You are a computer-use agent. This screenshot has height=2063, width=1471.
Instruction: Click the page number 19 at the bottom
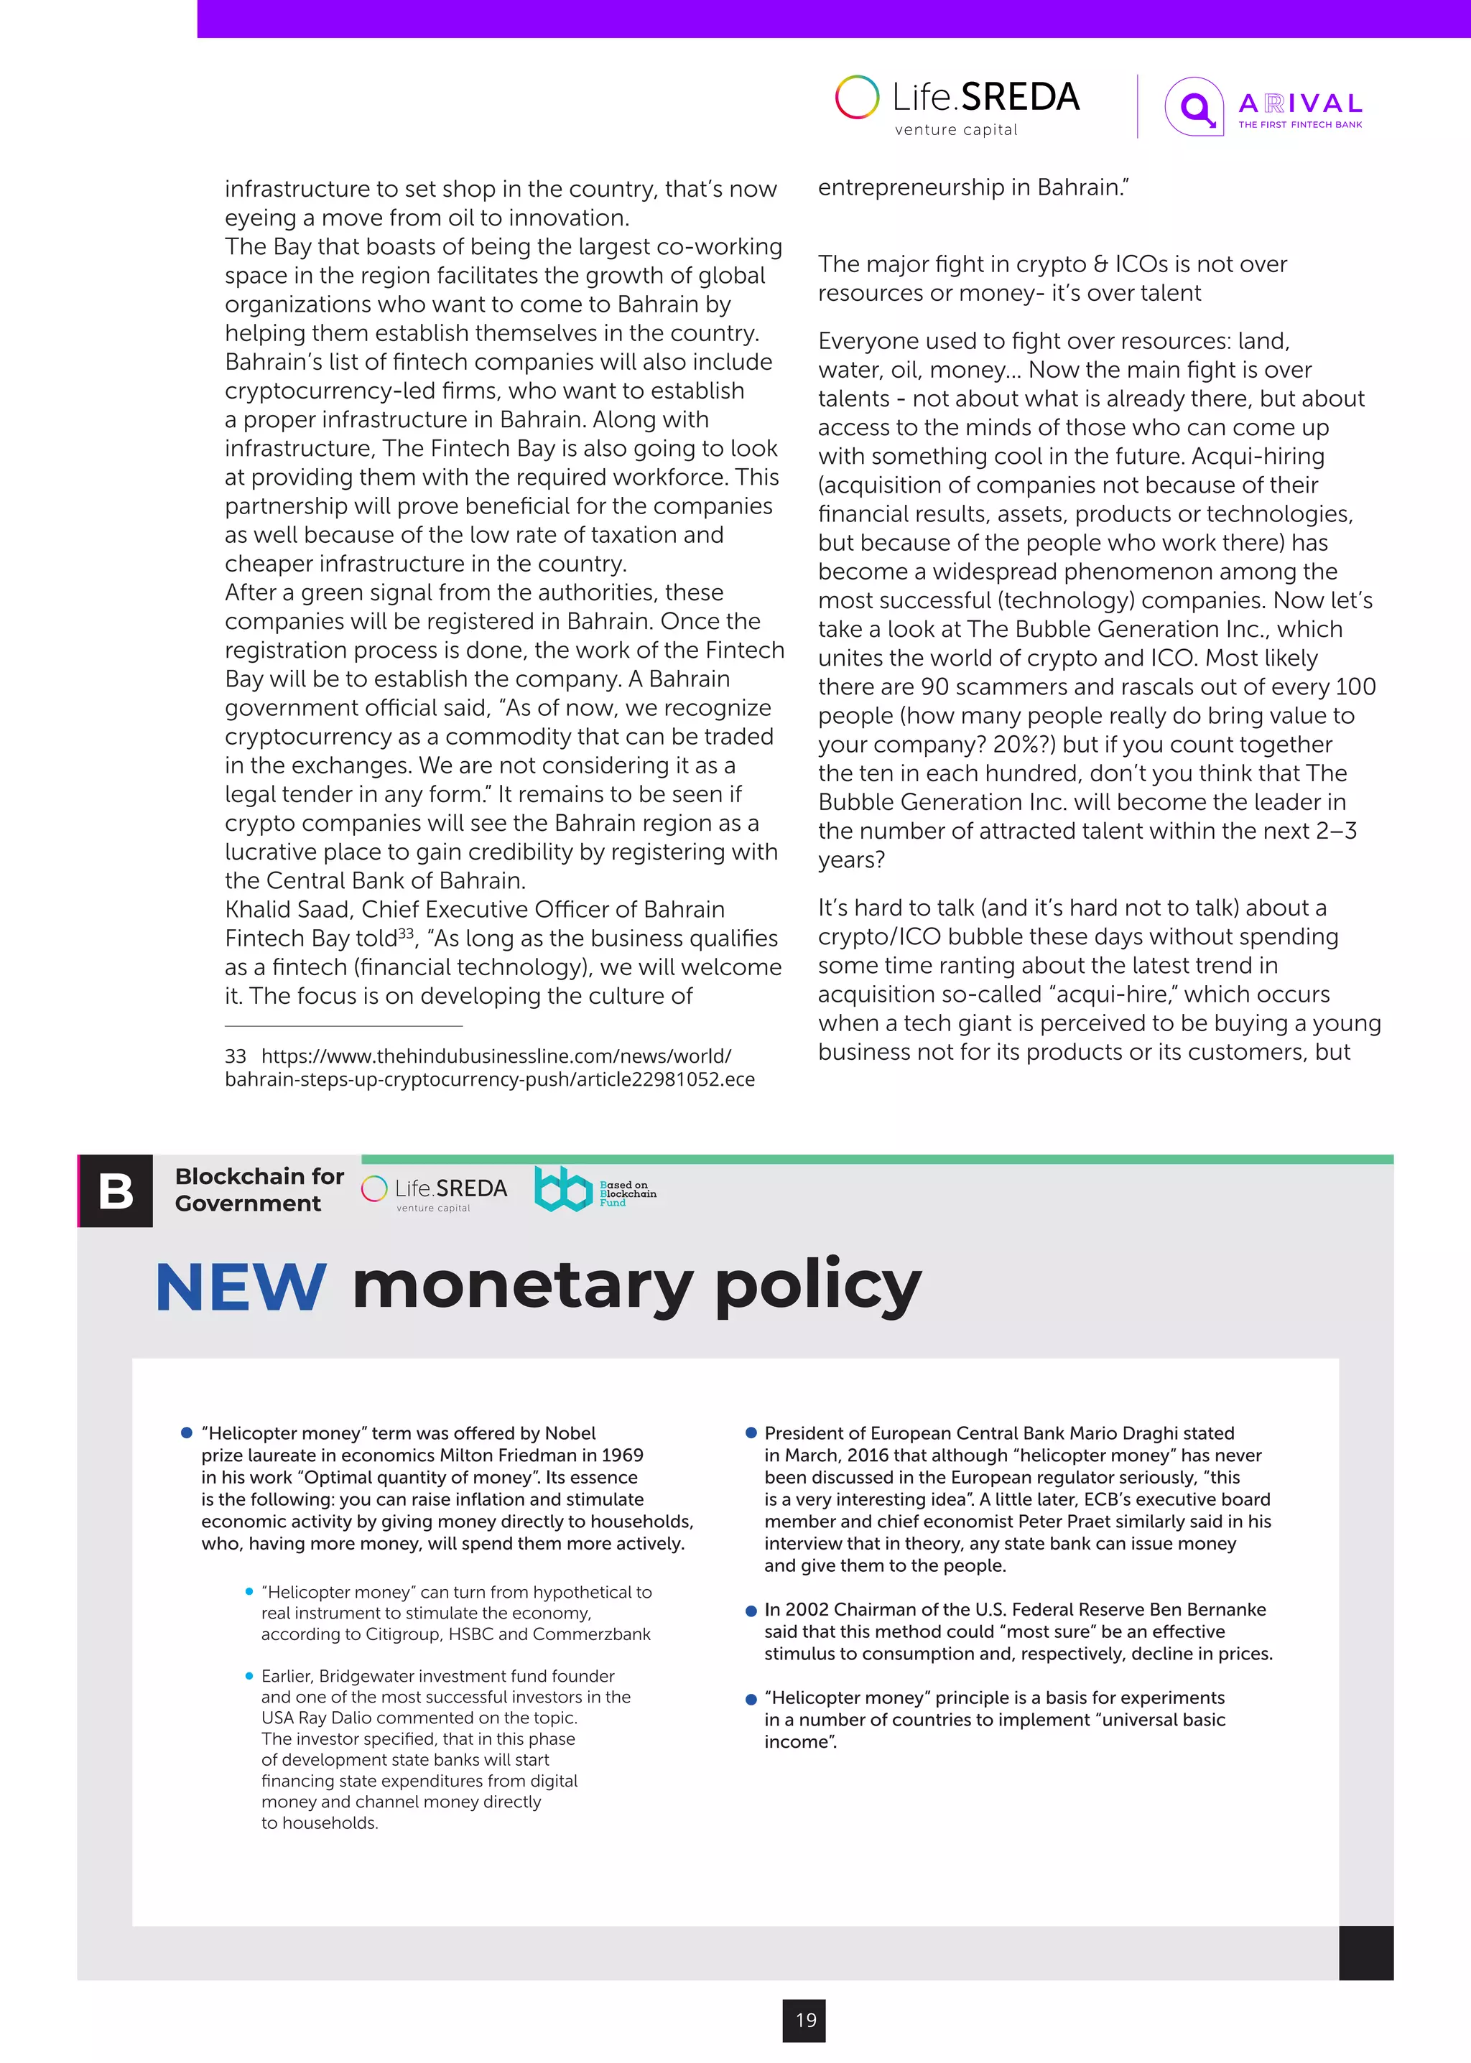point(805,2019)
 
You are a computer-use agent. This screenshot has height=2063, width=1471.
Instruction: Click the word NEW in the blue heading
point(240,1287)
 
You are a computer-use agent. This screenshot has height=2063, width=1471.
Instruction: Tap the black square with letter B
point(116,1191)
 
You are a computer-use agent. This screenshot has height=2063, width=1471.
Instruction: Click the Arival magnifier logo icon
point(1194,108)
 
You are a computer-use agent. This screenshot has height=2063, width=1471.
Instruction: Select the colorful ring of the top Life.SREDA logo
point(857,98)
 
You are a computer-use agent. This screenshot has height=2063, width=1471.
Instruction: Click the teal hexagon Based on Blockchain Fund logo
point(562,1188)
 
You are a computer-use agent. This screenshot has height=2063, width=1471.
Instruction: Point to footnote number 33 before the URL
point(236,1056)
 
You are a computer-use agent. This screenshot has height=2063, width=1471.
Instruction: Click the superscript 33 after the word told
point(406,933)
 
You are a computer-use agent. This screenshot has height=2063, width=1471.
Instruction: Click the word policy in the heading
point(818,1287)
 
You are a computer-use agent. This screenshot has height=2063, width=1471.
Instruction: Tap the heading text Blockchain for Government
point(259,1189)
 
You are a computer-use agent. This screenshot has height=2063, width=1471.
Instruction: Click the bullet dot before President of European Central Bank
point(751,1433)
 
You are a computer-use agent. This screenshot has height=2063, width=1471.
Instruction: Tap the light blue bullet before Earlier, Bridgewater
point(249,1675)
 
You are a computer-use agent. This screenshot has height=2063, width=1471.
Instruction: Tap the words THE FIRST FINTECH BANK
point(1300,125)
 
